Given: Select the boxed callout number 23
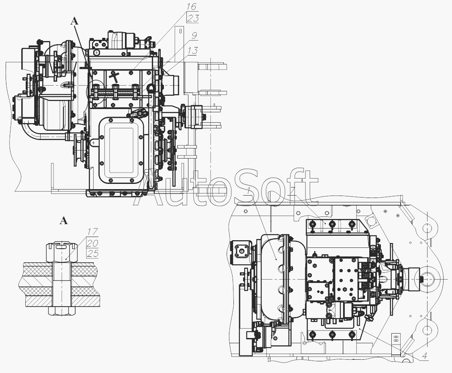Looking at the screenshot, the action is pyautogui.click(x=193, y=19).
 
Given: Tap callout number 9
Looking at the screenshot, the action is pyautogui.click(x=194, y=35).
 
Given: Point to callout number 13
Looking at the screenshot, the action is pyautogui.click(x=192, y=51).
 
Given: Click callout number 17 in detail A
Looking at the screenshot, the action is pyautogui.click(x=92, y=231).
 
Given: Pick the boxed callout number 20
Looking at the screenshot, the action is pyautogui.click(x=92, y=243).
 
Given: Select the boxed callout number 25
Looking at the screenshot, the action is pyautogui.click(x=92, y=253).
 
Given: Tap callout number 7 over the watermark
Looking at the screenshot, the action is pyautogui.click(x=293, y=191).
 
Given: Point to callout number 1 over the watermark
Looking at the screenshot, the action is pyautogui.click(x=249, y=191).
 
